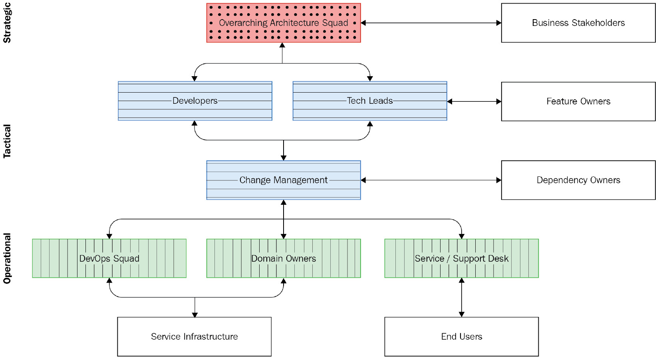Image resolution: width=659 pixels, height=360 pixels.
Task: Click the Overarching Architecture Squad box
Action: pyautogui.click(x=283, y=23)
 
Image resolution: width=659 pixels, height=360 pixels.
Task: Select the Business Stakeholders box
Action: pyautogui.click(x=578, y=23)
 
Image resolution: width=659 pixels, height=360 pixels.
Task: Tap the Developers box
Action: pyautogui.click(x=195, y=101)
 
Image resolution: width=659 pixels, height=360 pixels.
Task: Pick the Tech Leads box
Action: pyautogui.click(x=369, y=101)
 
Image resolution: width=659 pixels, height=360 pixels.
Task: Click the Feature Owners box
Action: pyautogui.click(x=578, y=101)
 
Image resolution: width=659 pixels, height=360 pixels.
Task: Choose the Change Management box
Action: pyautogui.click(x=283, y=180)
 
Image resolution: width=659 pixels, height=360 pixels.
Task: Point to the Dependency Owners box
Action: pyautogui.click(x=578, y=180)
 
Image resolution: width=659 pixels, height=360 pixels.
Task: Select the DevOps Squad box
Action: pyautogui.click(x=109, y=258)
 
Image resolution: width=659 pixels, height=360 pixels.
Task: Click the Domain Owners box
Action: pyautogui.click(x=283, y=258)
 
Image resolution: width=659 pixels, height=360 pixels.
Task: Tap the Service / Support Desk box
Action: pyautogui.click(x=461, y=258)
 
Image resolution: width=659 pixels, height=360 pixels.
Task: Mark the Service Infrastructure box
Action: pyautogui.click(x=194, y=336)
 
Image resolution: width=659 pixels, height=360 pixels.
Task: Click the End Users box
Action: pyautogui.click(x=461, y=336)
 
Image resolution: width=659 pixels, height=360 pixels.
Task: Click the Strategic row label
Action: pyautogui.click(x=7, y=23)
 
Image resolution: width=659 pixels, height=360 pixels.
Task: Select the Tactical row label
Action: pyautogui.click(x=7, y=141)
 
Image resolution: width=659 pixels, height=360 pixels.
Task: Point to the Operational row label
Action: pyautogui.click(x=7, y=258)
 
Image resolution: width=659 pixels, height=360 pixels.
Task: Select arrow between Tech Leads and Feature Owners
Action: pyautogui.click(x=474, y=101)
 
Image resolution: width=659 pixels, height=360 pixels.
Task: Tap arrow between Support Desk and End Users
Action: pyautogui.click(x=461, y=297)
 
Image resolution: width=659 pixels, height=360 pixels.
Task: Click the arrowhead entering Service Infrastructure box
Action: pyautogui.click(x=195, y=315)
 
